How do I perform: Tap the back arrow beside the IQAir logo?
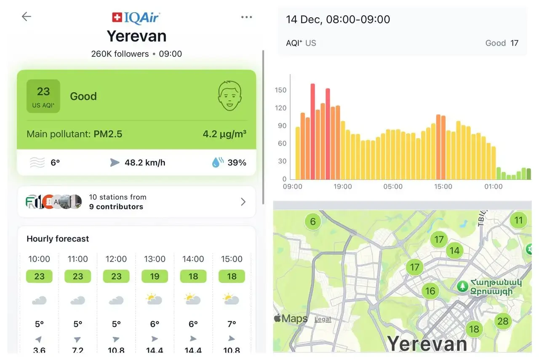[x=27, y=16]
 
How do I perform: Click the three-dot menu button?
[x=246, y=17]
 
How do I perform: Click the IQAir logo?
[x=136, y=18]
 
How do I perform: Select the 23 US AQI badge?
[x=43, y=96]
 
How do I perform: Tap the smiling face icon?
[x=230, y=96]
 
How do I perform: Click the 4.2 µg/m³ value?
[x=224, y=134]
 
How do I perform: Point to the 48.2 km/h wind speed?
[x=145, y=163]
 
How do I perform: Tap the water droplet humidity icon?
[x=217, y=163]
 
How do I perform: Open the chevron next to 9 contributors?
[x=243, y=202]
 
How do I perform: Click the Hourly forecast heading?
[x=58, y=239]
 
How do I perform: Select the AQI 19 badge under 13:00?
[x=155, y=276]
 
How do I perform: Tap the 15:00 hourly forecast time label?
[x=232, y=259]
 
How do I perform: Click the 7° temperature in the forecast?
[x=232, y=324]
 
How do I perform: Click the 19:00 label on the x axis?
[x=342, y=187]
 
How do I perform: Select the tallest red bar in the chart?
[x=313, y=131]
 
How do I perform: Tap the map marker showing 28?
[x=503, y=322]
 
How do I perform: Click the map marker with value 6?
[x=312, y=221]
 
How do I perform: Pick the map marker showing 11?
[x=518, y=220]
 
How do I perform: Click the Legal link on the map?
[x=323, y=319]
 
